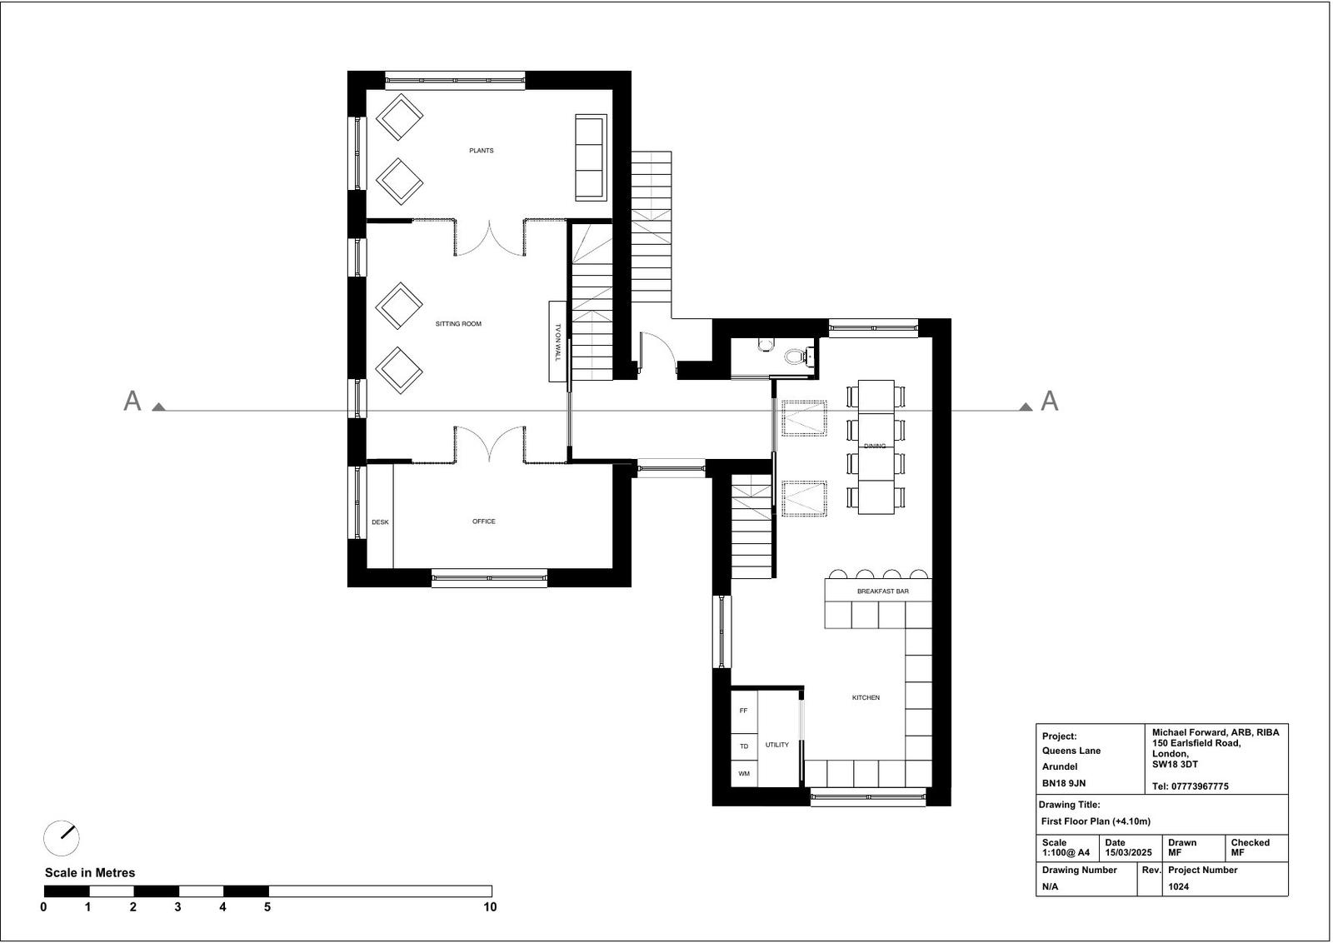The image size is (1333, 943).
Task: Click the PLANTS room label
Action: [481, 151]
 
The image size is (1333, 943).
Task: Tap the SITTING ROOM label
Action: [458, 324]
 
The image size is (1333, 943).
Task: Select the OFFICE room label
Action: [484, 521]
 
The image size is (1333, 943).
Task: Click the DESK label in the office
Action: [380, 522]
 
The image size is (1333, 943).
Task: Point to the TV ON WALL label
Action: [557, 342]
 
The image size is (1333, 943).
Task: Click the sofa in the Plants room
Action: [591, 157]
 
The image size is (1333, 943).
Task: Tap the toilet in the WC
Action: [795, 357]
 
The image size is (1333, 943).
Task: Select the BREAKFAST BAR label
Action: [882, 591]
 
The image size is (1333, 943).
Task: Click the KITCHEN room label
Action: [866, 697]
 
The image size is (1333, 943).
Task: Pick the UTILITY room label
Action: [776, 745]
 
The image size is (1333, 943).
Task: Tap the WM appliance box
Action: [744, 774]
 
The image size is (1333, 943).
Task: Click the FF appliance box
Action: [744, 711]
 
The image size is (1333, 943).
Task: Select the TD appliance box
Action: [744, 746]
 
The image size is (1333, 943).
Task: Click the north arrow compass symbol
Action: [62, 838]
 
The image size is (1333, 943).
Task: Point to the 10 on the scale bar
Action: [490, 907]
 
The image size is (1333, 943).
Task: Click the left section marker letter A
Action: [132, 401]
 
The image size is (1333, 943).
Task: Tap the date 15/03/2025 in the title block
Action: [1128, 852]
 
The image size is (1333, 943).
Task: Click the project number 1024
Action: [1178, 886]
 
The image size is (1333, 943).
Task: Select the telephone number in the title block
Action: [1191, 786]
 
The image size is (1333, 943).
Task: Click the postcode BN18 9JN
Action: [1064, 784]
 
